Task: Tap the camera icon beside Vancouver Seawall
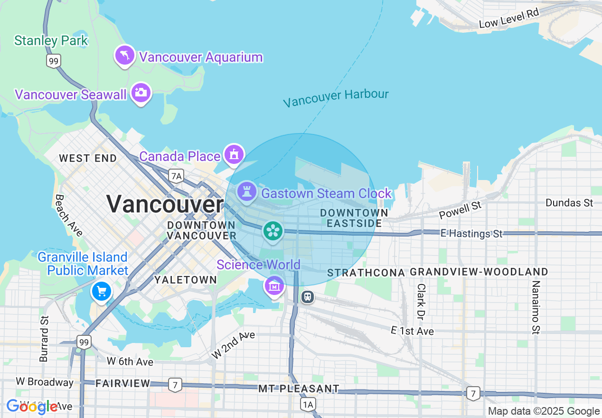(141, 92)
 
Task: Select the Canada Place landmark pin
(234, 154)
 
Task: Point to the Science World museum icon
(274, 285)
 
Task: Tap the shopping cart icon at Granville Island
(101, 291)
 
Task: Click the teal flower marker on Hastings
(273, 231)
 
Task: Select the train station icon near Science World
(308, 297)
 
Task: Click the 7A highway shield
(176, 176)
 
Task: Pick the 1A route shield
(308, 404)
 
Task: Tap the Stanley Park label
(51, 40)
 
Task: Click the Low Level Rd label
(509, 18)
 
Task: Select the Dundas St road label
(569, 203)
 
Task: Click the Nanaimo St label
(536, 307)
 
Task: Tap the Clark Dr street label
(421, 301)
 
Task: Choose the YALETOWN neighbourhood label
(185, 280)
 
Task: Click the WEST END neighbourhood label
(88, 158)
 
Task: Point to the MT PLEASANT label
(299, 389)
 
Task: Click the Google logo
(32, 407)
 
